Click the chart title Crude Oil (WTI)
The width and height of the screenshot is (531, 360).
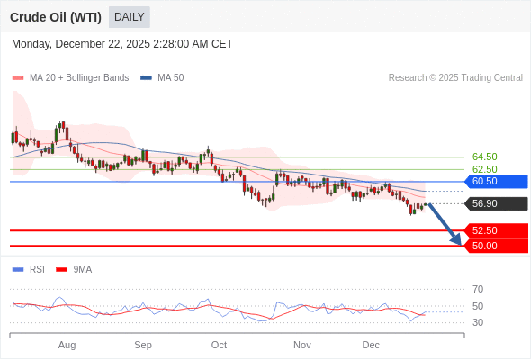point(56,17)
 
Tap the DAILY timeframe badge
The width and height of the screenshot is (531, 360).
point(130,17)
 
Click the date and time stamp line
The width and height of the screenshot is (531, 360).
point(122,44)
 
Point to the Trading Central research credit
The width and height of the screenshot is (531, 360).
point(455,78)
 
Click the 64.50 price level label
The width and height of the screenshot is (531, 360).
point(484,157)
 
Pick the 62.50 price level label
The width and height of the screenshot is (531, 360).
point(484,169)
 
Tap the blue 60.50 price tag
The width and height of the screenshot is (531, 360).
point(493,182)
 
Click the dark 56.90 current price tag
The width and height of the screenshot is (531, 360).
point(493,204)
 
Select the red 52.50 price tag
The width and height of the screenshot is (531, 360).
point(493,230)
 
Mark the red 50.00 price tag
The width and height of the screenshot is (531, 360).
point(493,246)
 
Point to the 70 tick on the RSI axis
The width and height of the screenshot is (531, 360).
point(478,289)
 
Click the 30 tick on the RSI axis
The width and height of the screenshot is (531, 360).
point(478,322)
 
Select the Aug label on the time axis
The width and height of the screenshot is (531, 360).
point(67,345)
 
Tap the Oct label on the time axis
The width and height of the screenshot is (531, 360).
point(219,345)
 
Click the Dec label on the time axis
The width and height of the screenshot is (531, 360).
point(371,345)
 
